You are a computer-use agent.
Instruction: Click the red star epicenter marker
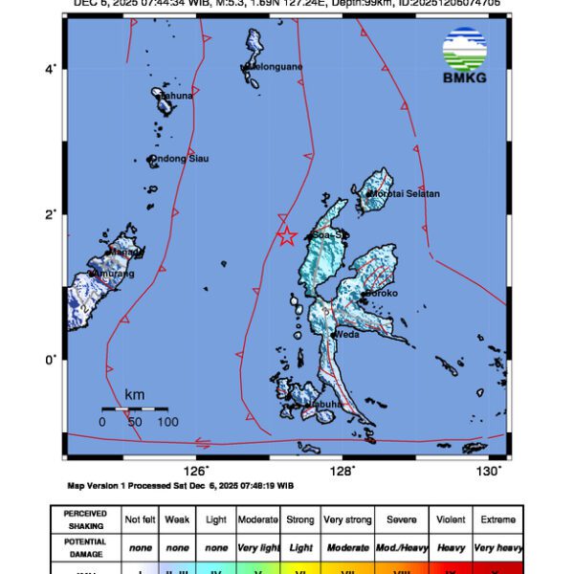tap(285, 236)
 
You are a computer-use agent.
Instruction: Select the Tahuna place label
tap(176, 96)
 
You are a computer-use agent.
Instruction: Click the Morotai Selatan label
tap(406, 194)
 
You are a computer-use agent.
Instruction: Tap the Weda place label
tap(345, 334)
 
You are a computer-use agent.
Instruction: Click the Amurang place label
tap(112, 274)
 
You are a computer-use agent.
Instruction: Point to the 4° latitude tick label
tap(54, 68)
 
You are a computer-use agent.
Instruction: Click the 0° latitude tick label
tap(54, 360)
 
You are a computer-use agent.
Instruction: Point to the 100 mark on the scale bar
tap(167, 422)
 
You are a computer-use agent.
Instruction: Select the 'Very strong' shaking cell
tap(347, 519)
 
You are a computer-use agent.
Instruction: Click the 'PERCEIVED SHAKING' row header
tap(85, 519)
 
